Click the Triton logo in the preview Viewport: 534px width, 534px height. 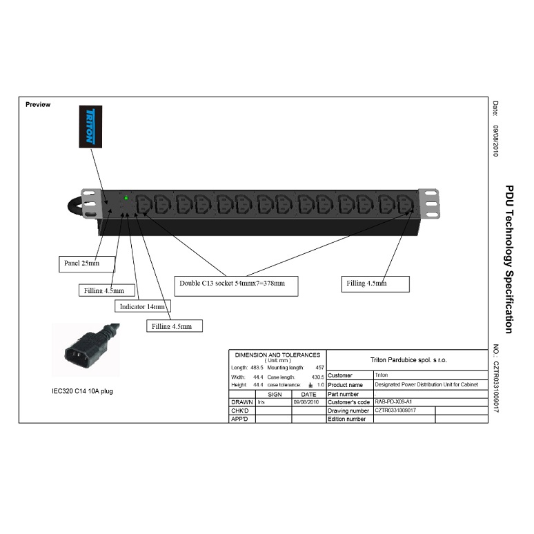pos(90,126)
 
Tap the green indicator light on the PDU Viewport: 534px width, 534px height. pos(126,198)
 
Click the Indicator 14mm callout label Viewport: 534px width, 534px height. pos(142,306)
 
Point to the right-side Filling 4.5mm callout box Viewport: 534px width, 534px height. pos(376,284)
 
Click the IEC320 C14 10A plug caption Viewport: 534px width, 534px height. pos(82,390)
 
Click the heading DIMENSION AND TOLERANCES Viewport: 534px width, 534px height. pos(277,355)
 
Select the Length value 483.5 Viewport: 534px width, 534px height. pos(256,368)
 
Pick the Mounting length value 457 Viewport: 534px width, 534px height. pos(319,368)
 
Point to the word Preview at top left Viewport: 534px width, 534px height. pos(37,104)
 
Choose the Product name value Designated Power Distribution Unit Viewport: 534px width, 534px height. pos(426,384)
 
